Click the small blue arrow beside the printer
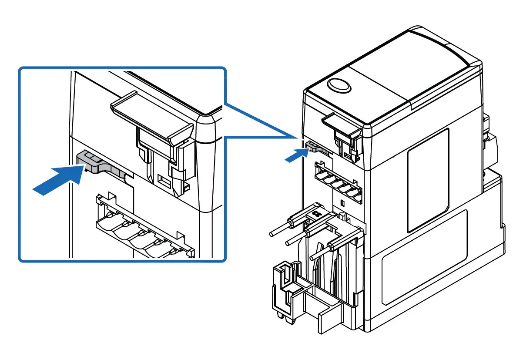point(297,154)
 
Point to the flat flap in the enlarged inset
point(152,114)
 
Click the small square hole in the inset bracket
point(164,179)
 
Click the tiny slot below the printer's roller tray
point(342,203)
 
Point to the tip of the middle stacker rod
point(287,242)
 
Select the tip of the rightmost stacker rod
point(312,258)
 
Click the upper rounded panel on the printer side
point(428,180)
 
